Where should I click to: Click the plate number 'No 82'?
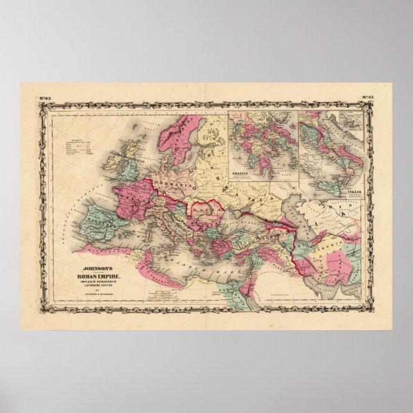45,97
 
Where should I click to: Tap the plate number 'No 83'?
368,97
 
